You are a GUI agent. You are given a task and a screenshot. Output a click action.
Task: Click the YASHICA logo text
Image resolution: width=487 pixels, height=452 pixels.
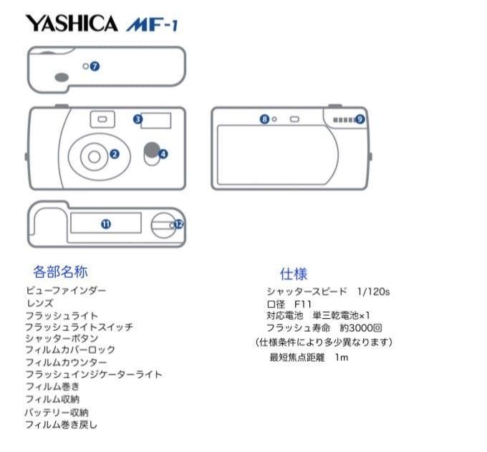(x=72, y=24)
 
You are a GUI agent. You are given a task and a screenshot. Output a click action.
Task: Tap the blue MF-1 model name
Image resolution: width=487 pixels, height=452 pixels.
(x=152, y=24)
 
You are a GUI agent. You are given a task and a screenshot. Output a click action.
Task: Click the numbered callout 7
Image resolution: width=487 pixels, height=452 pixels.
(x=95, y=66)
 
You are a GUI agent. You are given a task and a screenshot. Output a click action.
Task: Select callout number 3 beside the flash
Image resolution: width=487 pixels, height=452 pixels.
(x=138, y=120)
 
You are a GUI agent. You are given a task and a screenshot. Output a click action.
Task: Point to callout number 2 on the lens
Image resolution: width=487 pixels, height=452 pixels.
(x=115, y=154)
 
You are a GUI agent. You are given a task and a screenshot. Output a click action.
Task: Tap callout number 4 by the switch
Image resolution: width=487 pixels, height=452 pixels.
(x=163, y=154)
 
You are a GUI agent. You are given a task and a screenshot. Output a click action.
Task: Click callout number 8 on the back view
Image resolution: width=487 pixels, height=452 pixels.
(x=264, y=119)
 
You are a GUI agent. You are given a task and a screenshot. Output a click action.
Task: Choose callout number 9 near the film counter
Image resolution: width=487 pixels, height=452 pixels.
(x=360, y=119)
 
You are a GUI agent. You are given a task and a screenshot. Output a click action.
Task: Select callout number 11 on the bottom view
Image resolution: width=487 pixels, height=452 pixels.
(x=106, y=224)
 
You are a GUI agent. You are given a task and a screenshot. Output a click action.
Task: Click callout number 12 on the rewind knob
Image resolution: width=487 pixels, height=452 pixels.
(x=178, y=224)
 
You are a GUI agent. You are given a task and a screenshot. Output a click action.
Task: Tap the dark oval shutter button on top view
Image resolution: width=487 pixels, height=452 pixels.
(x=62, y=77)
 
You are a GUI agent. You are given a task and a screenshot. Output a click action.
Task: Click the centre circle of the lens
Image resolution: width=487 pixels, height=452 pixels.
(x=94, y=157)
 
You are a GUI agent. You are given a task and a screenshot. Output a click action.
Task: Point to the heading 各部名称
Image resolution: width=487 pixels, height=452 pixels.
(x=61, y=271)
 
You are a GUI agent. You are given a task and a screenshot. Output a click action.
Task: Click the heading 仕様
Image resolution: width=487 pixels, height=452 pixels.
(x=294, y=274)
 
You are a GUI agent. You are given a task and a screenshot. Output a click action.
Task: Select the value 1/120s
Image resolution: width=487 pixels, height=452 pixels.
(x=373, y=292)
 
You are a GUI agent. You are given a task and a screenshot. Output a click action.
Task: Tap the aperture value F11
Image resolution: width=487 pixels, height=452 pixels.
(x=302, y=304)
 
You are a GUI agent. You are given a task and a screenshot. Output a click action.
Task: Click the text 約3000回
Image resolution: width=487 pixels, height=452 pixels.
(x=361, y=328)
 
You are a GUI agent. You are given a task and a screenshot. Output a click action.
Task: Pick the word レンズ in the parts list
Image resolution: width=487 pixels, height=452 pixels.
(x=40, y=303)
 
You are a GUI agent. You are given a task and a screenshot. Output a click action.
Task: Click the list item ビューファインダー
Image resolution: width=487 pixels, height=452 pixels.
(x=66, y=291)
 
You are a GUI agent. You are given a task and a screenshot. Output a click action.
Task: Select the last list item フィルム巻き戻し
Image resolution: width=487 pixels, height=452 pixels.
(x=61, y=424)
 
